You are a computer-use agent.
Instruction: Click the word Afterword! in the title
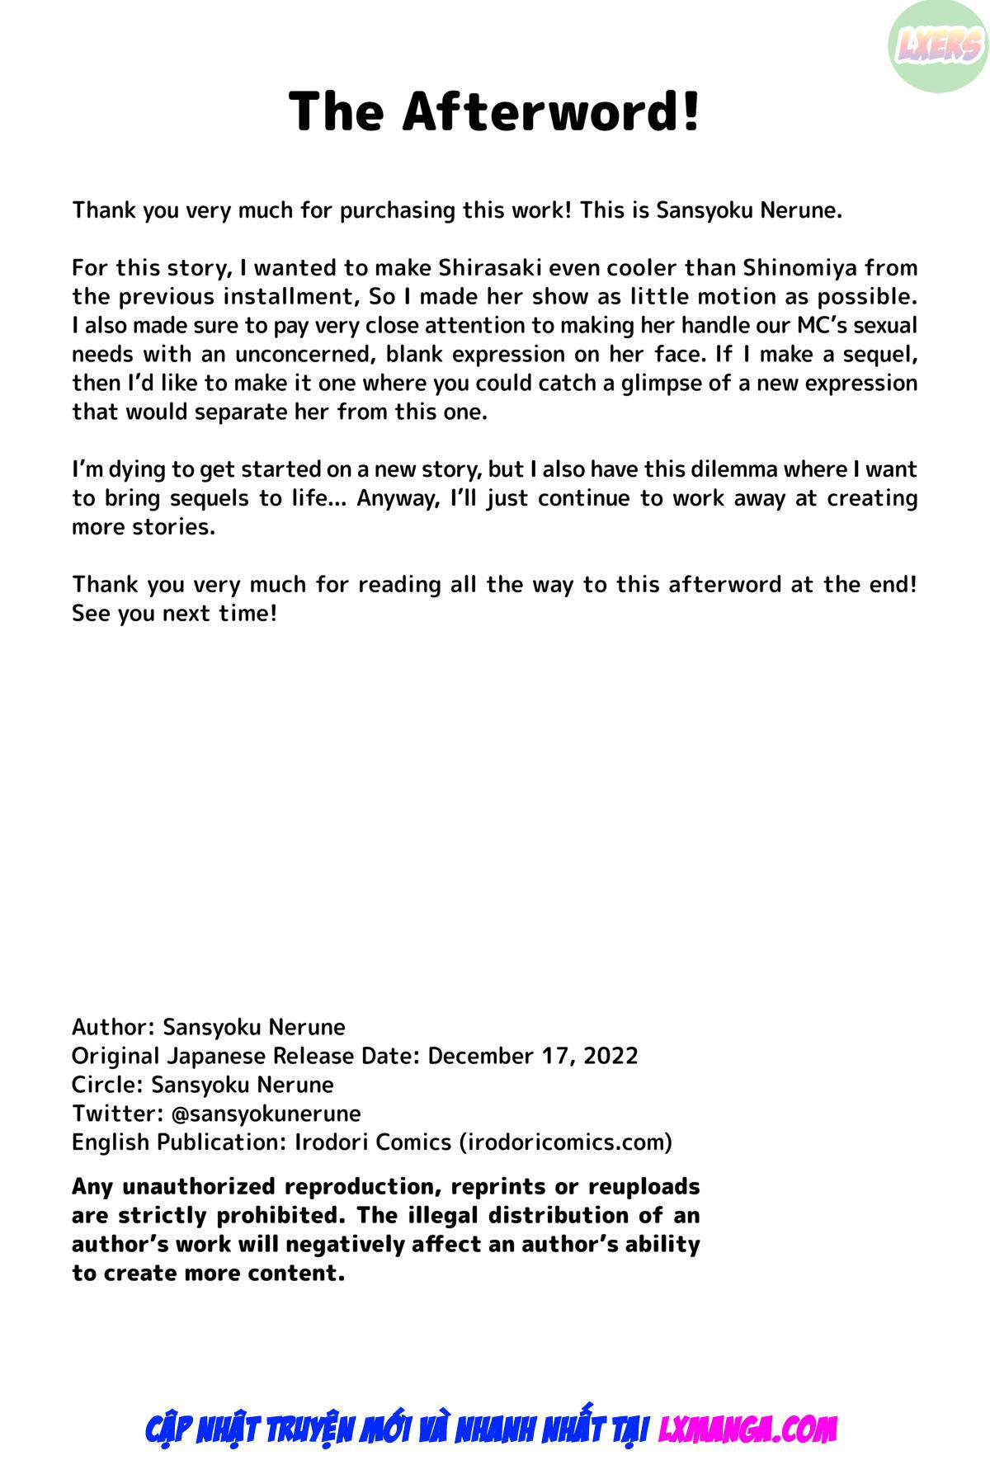pyautogui.click(x=551, y=111)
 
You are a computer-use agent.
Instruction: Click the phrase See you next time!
pyautogui.click(x=174, y=614)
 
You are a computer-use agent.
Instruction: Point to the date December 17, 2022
pyautogui.click(x=533, y=1056)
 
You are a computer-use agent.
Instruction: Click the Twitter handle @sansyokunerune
pyautogui.click(x=266, y=1114)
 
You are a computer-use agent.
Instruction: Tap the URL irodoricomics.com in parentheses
pyautogui.click(x=567, y=1142)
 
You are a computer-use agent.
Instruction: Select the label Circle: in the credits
pyautogui.click(x=107, y=1085)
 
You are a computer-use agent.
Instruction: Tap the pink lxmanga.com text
pyautogui.click(x=747, y=1429)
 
